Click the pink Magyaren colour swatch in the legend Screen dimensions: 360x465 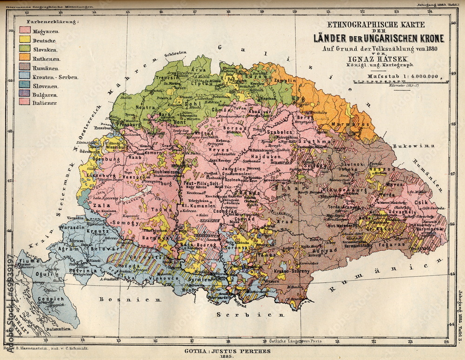point(25,30)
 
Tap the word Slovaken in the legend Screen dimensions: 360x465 point(45,50)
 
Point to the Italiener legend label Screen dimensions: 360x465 point(45,103)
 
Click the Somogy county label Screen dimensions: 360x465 point(122,223)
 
